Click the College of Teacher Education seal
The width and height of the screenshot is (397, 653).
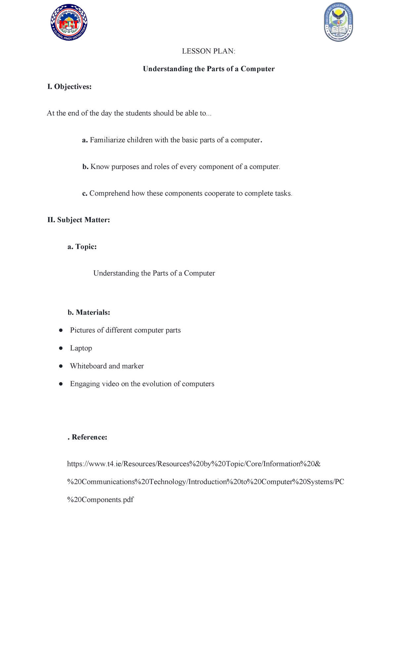pos(338,22)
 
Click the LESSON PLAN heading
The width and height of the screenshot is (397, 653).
pos(208,51)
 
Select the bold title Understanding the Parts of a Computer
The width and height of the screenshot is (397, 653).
pos(208,69)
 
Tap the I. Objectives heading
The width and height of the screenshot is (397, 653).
pos(69,87)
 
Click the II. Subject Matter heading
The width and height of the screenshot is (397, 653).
pos(79,220)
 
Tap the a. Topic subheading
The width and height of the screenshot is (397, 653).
pos(82,247)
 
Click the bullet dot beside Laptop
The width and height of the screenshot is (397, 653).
pos(61,348)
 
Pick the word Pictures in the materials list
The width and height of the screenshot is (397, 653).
pos(82,330)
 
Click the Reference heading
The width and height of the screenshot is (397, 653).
pos(88,438)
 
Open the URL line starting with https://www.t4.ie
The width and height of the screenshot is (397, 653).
pos(194,464)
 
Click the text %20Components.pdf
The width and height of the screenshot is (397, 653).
pos(100,500)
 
